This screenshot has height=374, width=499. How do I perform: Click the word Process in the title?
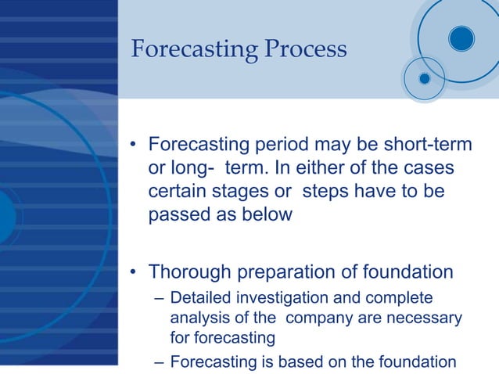(305, 49)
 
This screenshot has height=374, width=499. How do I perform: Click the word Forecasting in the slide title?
(192, 49)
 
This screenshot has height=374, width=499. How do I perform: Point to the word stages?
(252, 192)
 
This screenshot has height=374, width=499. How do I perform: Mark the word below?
(267, 215)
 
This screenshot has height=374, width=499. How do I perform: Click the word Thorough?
(188, 272)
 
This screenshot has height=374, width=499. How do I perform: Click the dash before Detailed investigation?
(159, 299)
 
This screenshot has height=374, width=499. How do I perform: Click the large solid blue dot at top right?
(461, 38)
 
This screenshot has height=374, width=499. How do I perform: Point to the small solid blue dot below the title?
(424, 78)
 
